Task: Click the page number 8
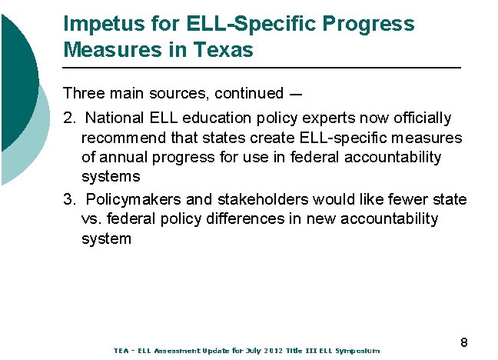point(464,342)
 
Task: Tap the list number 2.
point(68,118)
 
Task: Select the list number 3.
point(68,200)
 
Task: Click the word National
point(115,118)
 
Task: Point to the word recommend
point(122,138)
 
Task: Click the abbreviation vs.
point(91,219)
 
